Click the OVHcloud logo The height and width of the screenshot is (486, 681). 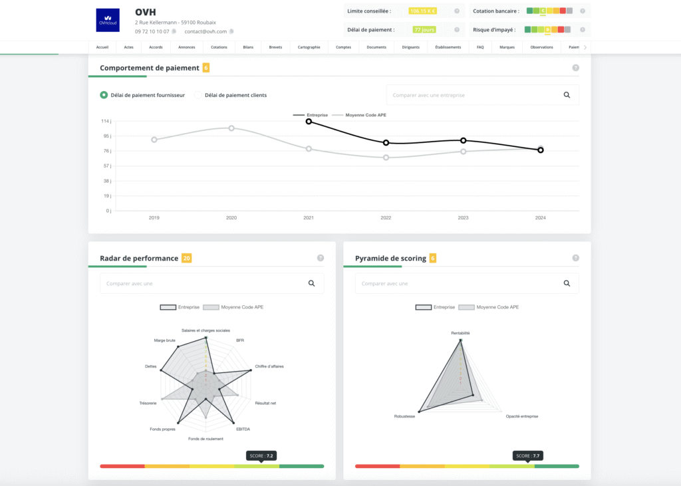click(108, 20)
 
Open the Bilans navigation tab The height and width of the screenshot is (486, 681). click(247, 47)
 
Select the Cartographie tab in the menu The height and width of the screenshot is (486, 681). click(309, 47)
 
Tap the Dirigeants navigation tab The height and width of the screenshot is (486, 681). click(411, 47)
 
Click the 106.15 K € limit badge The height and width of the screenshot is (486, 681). click(423, 11)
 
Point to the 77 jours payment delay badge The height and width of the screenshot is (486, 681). click(424, 30)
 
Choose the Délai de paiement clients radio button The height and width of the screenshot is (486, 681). click(198, 95)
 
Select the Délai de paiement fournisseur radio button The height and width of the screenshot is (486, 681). click(104, 95)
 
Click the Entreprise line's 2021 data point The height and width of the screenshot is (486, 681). click(309, 121)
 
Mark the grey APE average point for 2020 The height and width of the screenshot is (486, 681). click(231, 128)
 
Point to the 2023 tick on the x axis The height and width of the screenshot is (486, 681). click(463, 218)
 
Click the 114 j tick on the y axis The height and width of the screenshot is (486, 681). click(106, 121)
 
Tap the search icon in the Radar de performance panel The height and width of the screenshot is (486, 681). click(311, 283)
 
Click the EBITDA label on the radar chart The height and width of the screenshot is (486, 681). click(243, 429)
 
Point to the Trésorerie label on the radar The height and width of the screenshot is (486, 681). click(148, 404)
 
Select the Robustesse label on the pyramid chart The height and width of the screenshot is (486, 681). click(404, 416)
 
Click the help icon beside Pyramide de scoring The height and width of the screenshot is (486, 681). click(575, 258)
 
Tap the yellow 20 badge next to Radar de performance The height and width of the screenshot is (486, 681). click(186, 258)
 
